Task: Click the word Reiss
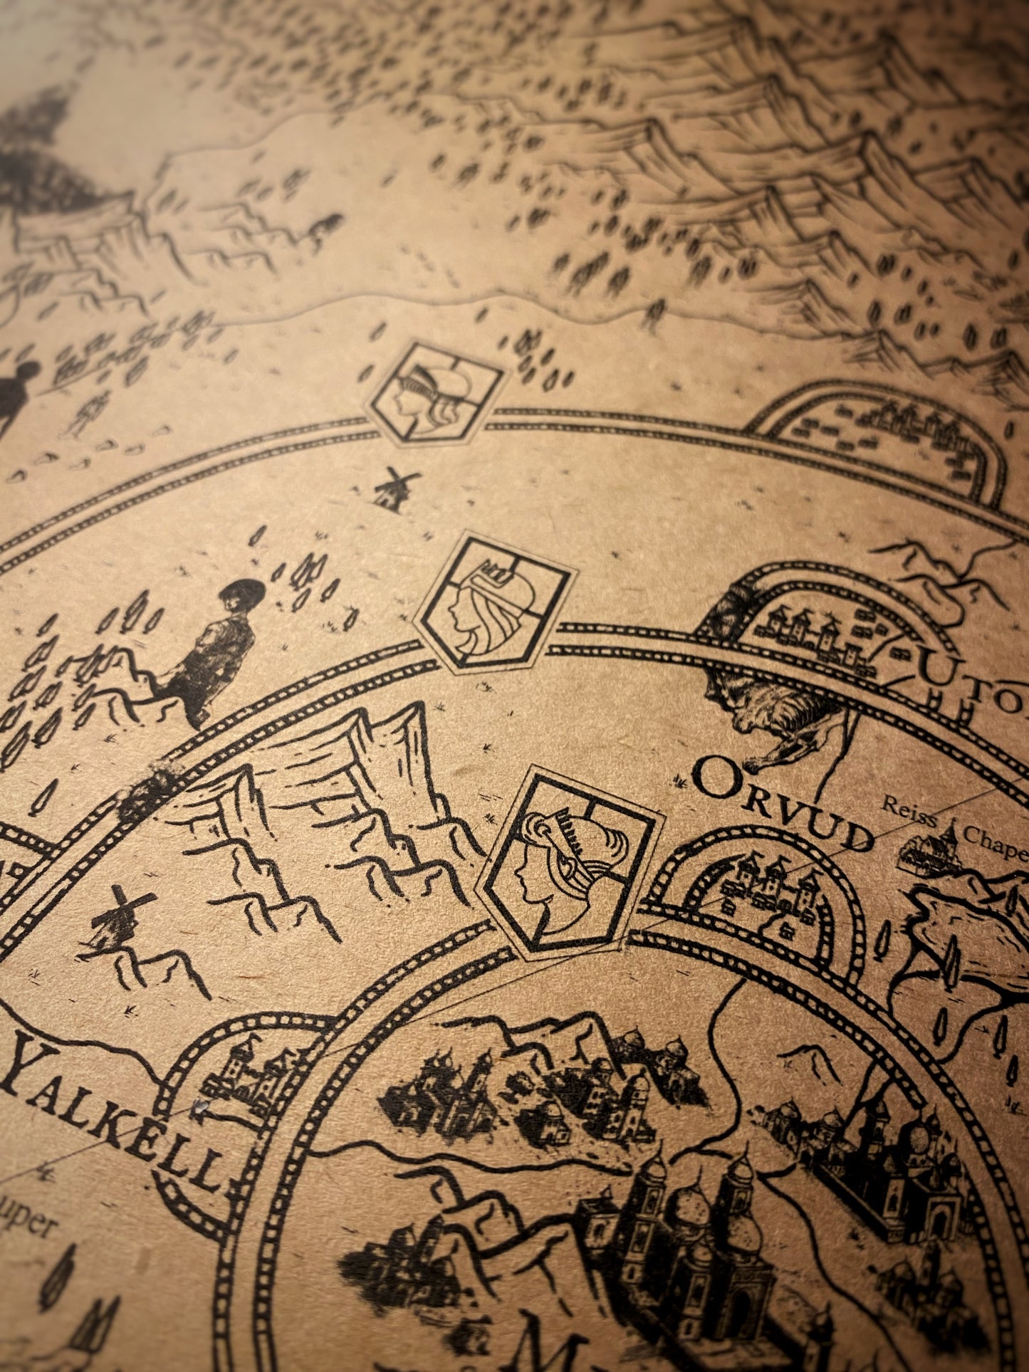(909, 813)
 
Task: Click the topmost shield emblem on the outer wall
(432, 391)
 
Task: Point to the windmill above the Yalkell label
(117, 918)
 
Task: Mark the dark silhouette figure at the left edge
(18, 395)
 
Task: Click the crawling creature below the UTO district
(776, 719)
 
